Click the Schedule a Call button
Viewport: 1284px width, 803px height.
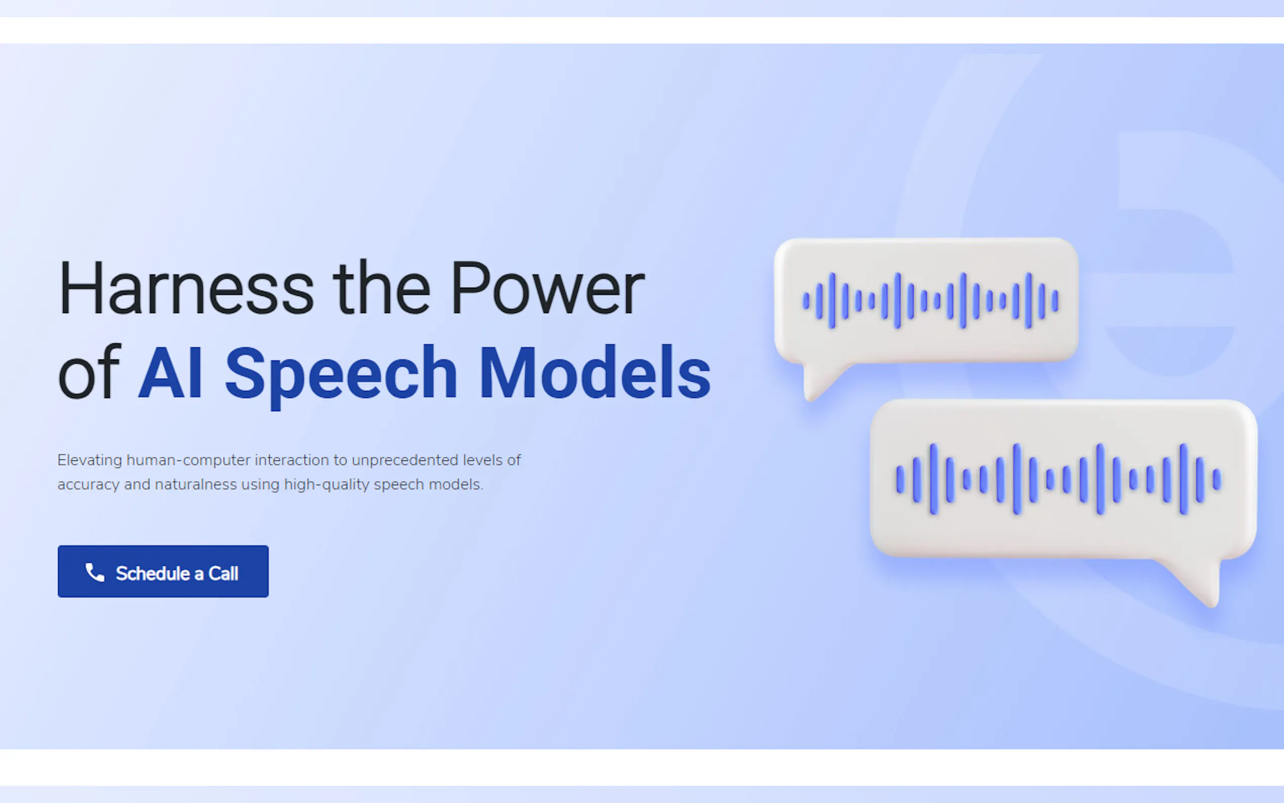pyautogui.click(x=163, y=571)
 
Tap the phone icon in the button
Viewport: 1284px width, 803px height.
pyautogui.click(x=95, y=572)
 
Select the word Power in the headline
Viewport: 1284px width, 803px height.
pyautogui.click(x=547, y=289)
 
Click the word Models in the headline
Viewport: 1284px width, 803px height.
pyautogui.click(x=595, y=372)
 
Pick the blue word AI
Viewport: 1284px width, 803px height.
pyautogui.click(x=170, y=372)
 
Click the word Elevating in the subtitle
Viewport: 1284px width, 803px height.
pyautogui.click(x=89, y=460)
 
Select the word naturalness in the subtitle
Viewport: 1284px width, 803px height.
pyautogui.click(x=196, y=484)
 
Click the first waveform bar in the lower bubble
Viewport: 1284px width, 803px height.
pyautogui.click(x=900, y=479)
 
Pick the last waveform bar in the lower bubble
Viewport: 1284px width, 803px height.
pyautogui.click(x=1217, y=479)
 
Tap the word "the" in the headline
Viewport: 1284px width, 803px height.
pyautogui.click(x=381, y=288)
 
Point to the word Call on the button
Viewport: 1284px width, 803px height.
pyautogui.click(x=223, y=573)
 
